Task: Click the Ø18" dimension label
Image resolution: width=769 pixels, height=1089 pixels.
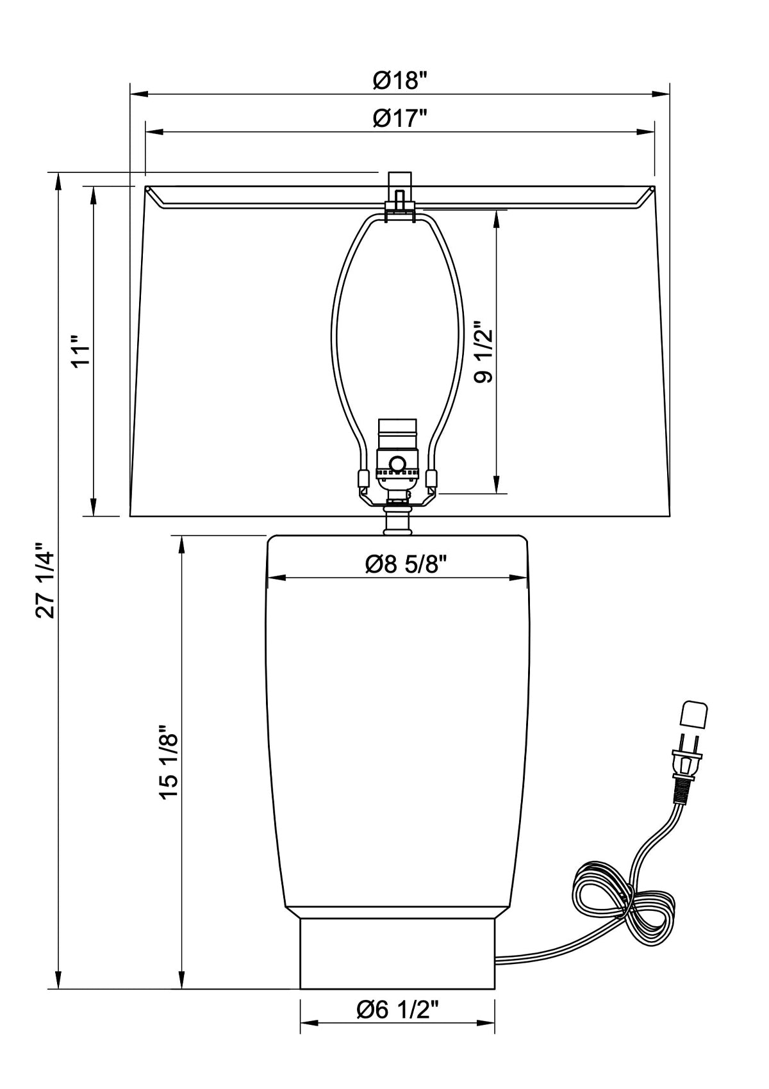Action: coord(400,81)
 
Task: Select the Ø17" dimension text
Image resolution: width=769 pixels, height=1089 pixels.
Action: coord(400,119)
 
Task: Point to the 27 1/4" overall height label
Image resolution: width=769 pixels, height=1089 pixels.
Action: coord(45,580)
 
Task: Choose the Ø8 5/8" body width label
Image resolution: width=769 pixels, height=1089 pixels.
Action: coord(406,564)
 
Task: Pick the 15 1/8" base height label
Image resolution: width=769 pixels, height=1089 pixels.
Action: coord(169,762)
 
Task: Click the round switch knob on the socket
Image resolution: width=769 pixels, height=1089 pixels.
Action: coord(398,463)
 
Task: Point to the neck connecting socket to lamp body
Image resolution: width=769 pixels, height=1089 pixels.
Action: coord(397,520)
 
